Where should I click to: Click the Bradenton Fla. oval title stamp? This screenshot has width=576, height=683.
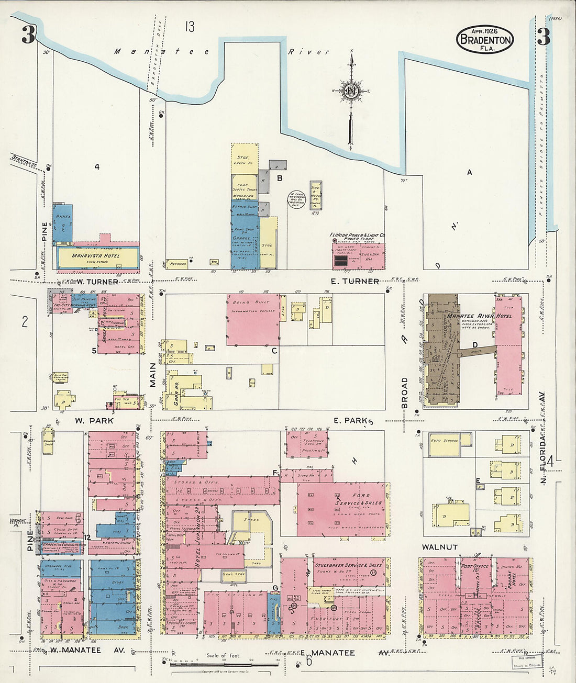[x=485, y=40]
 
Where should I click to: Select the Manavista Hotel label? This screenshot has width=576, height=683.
[x=96, y=256]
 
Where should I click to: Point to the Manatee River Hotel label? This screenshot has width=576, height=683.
[x=471, y=316]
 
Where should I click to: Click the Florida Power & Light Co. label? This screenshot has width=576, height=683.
[x=358, y=236]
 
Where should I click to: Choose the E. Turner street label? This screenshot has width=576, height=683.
[x=358, y=282]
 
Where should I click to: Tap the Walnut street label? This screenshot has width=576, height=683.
[x=440, y=547]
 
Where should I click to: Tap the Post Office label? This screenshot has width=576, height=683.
[x=474, y=566]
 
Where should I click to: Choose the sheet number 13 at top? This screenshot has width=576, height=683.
[x=189, y=27]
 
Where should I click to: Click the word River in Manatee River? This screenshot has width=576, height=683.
[x=309, y=52]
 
